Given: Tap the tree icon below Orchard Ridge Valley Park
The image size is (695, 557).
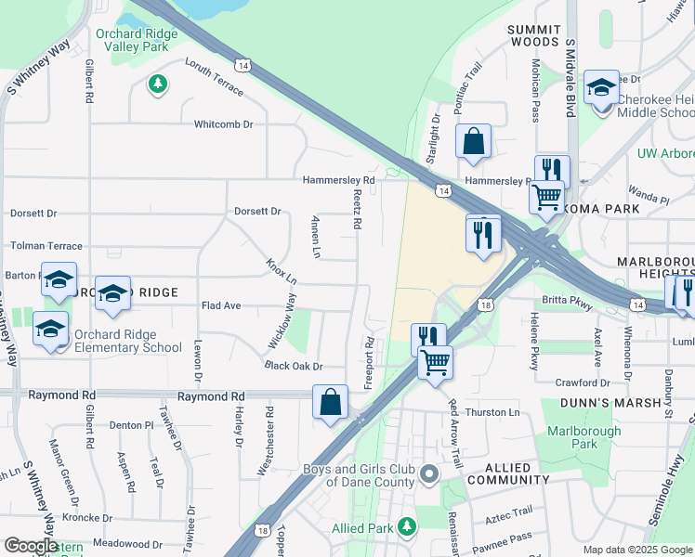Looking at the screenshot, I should coord(158,84).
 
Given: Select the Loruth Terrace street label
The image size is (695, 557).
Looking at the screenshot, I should coord(214,77).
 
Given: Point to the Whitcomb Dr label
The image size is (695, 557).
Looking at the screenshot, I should coord(223,124).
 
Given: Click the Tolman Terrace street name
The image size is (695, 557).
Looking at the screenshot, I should coord(46,246).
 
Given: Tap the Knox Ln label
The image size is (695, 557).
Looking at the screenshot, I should coord(282,271).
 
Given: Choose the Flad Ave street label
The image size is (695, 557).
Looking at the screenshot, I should coord(221,305).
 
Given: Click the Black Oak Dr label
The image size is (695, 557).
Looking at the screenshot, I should coord(293,367).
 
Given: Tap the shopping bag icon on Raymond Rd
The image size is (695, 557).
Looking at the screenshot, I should coord(330,402).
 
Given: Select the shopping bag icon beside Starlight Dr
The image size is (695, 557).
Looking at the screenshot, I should coord(473,142).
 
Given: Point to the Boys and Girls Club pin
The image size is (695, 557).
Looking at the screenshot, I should coord(428,475).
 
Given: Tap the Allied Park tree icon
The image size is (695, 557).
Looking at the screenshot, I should coord(406,527).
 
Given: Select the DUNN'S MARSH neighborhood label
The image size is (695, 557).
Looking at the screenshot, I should coord(609,403).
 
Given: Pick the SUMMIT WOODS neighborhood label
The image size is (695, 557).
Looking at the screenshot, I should coord(534,36).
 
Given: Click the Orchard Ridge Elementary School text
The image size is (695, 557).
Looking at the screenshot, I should coord(125,341).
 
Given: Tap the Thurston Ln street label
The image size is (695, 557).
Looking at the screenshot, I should coord(492,412).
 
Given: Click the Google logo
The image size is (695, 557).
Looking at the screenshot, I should coord(31,546).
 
